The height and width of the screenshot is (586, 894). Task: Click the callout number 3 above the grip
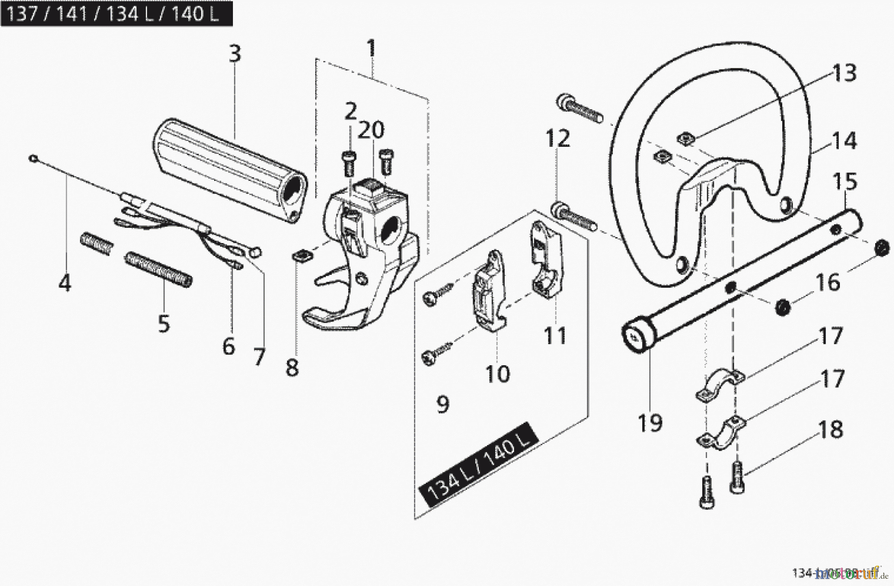pyautogui.click(x=234, y=53)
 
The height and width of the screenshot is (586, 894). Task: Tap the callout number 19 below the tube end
pyautogui.click(x=650, y=423)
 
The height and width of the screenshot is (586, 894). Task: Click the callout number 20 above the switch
pyautogui.click(x=371, y=130)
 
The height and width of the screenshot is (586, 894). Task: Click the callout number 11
pyautogui.click(x=555, y=336)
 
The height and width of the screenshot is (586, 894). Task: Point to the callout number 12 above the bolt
pyautogui.click(x=558, y=138)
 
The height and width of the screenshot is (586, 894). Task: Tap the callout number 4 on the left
pyautogui.click(x=65, y=283)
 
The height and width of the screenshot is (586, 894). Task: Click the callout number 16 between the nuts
pyautogui.click(x=828, y=282)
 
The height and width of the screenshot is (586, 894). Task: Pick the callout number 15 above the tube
pyautogui.click(x=845, y=181)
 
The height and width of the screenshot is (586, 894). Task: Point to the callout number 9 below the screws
pyautogui.click(x=442, y=404)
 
